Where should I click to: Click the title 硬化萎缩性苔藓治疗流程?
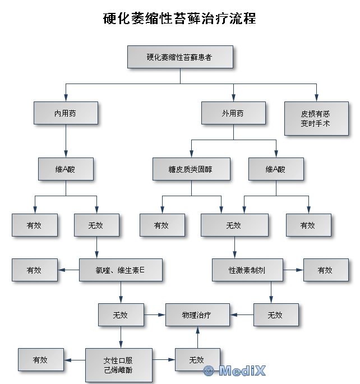click(179, 18)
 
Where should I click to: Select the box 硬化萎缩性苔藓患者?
click(180, 57)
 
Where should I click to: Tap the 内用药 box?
click(66, 113)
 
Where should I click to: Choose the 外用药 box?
click(233, 113)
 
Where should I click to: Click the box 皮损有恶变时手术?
click(316, 118)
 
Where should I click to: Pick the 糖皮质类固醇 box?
click(191, 169)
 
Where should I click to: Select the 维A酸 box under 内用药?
click(66, 169)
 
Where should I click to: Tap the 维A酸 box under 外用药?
click(276, 169)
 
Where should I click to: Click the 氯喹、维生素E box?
click(121, 270)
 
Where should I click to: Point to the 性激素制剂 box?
click(247, 270)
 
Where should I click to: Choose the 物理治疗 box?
click(197, 314)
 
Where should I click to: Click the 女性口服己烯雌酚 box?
click(119, 365)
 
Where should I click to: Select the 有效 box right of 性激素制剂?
click(326, 270)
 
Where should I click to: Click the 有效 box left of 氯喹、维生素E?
click(35, 270)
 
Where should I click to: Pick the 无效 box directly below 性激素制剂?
click(276, 314)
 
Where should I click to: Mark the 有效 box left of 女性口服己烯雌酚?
click(41, 359)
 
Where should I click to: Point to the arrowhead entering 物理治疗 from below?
click(197, 330)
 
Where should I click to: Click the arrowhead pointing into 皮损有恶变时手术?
click(316, 98)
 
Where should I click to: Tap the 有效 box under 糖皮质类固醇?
click(162, 225)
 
